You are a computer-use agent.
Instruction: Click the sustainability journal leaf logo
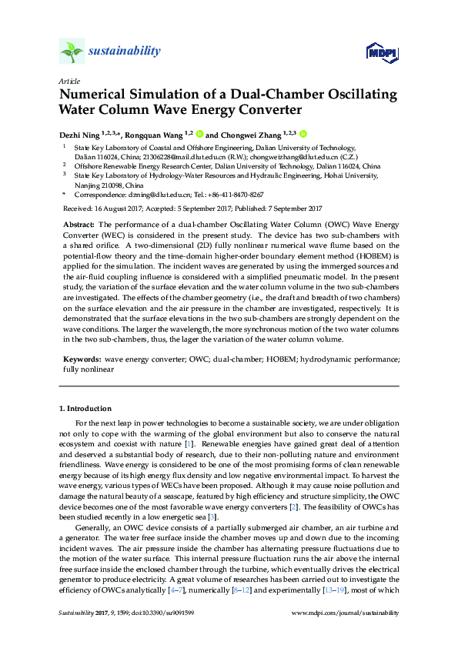pos(71,52)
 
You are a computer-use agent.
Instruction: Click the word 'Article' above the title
pos(68,81)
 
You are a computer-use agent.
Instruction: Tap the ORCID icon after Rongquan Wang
pos(199,133)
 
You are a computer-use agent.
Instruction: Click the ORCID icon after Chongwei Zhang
pos(303,133)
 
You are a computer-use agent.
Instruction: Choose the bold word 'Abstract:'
pos(79,223)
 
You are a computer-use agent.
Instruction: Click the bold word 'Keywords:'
pos(81,359)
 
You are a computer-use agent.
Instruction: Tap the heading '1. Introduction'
pos(85,409)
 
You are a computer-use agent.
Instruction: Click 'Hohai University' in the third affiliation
pos(360,176)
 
